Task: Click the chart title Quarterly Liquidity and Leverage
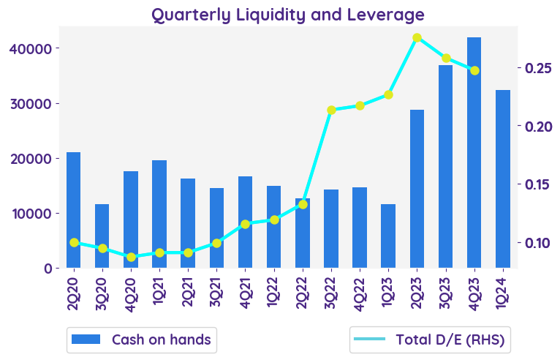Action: coord(288,14)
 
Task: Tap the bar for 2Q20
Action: coord(74,210)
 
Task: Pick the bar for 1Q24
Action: coord(503,179)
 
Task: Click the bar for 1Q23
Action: coord(388,236)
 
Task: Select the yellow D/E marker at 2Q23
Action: coord(417,37)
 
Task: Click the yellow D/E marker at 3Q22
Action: coord(331,110)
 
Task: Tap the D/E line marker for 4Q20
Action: coord(131,257)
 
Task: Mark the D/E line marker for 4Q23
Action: coord(474,70)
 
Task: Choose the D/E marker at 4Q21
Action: coord(246,224)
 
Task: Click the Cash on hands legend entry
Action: coord(141,340)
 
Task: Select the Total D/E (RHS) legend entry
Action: coord(430,340)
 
